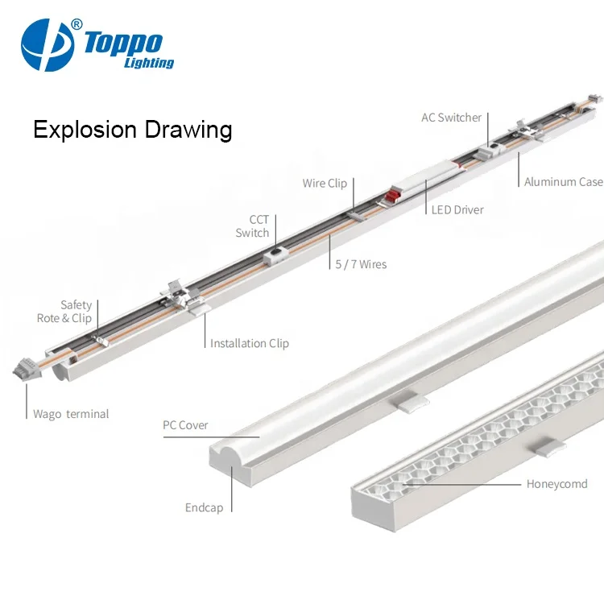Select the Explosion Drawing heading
132,130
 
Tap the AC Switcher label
451,118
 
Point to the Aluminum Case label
563,182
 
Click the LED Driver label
457,210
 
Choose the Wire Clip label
325,184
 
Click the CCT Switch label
253,226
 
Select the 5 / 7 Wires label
361,264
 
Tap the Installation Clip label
249,343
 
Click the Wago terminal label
71,414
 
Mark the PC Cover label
185,425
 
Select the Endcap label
204,508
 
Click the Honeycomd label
556,484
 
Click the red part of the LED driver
395,194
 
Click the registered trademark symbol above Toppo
77,24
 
